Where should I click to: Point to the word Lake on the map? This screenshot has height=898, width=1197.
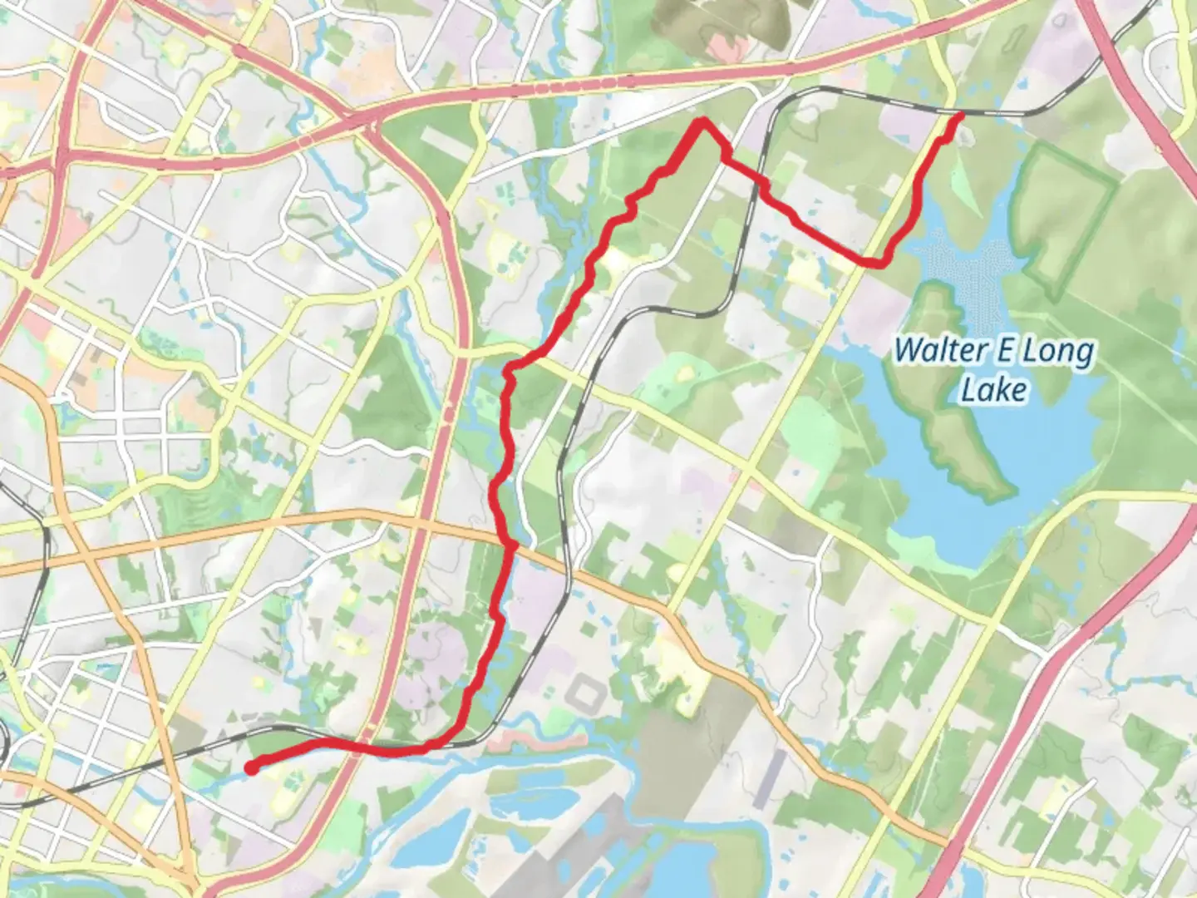point(993,389)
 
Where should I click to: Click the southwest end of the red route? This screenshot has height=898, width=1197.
point(251,767)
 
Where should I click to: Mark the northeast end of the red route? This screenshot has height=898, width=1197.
point(960,116)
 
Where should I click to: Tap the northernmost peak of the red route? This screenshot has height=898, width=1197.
point(702,123)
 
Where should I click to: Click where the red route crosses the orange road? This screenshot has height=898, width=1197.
point(510,545)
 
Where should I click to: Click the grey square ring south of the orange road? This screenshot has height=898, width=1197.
point(589,692)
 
